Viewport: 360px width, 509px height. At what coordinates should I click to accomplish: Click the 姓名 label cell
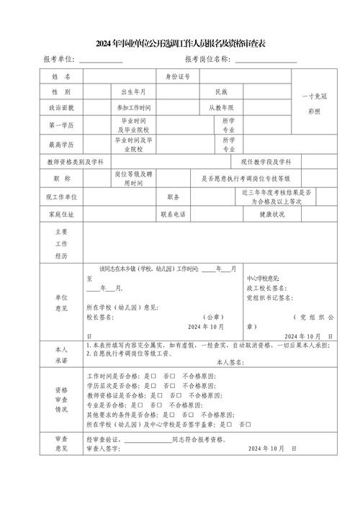pyautogui.click(x=60, y=76)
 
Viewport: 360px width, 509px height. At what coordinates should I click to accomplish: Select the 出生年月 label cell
pyautogui.click(x=133, y=92)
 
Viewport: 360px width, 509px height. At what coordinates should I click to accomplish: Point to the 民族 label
pyautogui.click(x=220, y=92)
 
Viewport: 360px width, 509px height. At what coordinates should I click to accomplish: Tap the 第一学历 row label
pyautogui.click(x=60, y=125)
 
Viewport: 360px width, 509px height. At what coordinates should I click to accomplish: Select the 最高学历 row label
pyautogui.click(x=60, y=145)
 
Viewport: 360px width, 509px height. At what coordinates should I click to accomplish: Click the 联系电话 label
pyautogui.click(x=173, y=214)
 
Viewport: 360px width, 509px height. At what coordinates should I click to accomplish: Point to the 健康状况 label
pyautogui.click(x=273, y=214)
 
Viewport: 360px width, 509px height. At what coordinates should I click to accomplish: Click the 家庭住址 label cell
pyautogui.click(x=60, y=214)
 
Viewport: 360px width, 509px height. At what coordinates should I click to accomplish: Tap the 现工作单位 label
pyautogui.click(x=60, y=196)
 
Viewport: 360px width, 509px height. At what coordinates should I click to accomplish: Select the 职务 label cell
pyautogui.click(x=173, y=196)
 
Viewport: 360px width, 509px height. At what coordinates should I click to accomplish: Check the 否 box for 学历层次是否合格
pyautogui.click(x=176, y=386)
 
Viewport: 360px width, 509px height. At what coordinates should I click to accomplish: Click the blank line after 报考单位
pyautogui.click(x=101, y=59)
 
